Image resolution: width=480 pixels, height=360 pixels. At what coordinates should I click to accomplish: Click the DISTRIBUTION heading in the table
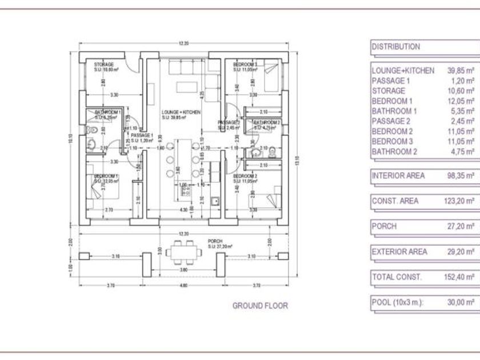pos(396,47)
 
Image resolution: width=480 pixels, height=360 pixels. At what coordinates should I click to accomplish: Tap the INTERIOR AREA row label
pos(398,176)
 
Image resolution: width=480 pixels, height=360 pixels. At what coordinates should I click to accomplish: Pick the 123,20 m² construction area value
pos(461,201)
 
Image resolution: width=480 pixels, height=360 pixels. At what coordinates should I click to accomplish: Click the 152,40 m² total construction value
pos(461,277)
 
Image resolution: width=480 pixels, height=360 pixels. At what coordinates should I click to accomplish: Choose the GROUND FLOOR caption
pos(260,306)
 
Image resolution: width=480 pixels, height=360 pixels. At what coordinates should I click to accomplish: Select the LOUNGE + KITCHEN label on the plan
pos(181,113)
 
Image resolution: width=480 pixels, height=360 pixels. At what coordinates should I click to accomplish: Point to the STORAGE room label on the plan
pos(104,65)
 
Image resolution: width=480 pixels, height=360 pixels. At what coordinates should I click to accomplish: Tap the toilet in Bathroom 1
pos(91,131)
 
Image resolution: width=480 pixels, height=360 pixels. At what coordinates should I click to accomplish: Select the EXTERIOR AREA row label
pos(398,251)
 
